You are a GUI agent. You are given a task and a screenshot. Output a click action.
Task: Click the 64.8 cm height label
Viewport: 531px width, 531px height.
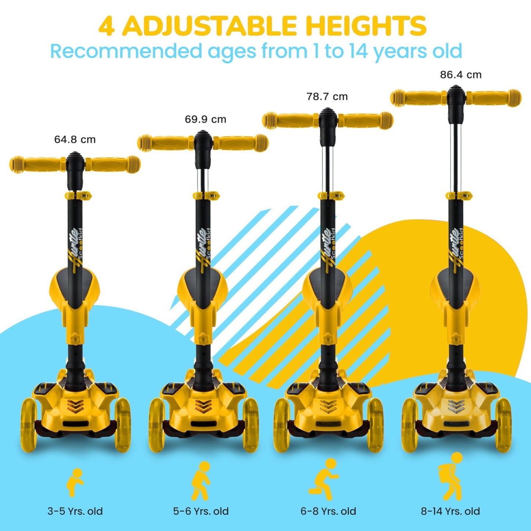point(75,139)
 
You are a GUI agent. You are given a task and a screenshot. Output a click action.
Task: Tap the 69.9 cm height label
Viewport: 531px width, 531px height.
point(205,119)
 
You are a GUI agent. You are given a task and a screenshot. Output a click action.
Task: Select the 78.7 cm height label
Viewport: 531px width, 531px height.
point(327,97)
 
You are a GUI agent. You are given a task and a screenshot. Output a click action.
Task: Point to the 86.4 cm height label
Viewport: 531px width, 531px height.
point(461,75)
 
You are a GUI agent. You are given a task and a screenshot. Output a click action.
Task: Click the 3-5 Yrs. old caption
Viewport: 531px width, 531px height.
point(75,503)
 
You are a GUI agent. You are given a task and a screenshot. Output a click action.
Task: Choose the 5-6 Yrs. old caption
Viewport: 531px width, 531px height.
point(201,503)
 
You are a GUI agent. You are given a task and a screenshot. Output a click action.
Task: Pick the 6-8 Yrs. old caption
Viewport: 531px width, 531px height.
point(329,503)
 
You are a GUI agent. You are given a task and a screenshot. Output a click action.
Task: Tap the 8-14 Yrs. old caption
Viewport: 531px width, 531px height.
point(450,503)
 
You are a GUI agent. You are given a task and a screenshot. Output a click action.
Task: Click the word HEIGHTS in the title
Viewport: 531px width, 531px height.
point(362,26)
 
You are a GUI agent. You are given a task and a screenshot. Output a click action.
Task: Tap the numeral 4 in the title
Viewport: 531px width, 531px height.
point(106,26)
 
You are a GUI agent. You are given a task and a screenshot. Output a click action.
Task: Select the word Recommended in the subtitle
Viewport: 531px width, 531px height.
point(126,51)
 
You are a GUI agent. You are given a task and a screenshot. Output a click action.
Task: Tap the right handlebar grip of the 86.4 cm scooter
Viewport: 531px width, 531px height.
point(494,98)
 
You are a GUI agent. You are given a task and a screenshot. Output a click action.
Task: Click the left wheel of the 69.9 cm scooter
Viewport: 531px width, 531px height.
point(157,425)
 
